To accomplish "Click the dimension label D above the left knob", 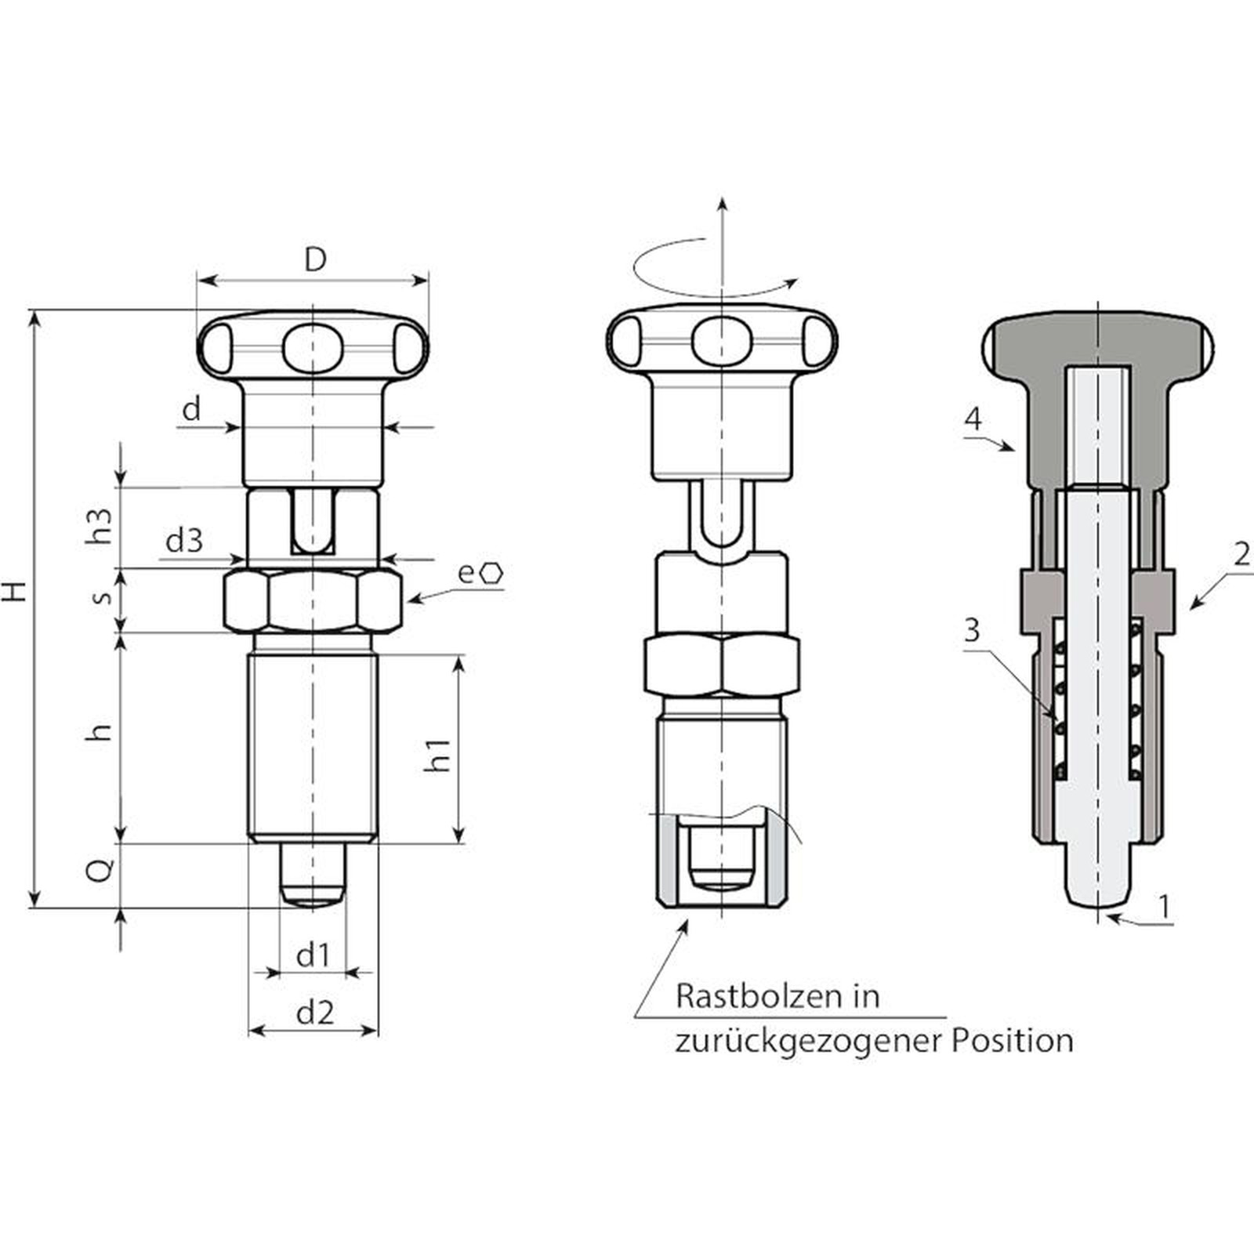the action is [315, 259].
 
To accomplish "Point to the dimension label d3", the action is [184, 540].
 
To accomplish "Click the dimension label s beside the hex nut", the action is [102, 597].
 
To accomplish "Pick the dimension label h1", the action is [437, 754].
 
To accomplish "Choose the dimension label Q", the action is [100, 870].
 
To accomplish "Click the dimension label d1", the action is [313, 955].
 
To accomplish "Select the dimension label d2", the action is [315, 1013].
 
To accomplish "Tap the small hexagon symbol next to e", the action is [493, 573].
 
